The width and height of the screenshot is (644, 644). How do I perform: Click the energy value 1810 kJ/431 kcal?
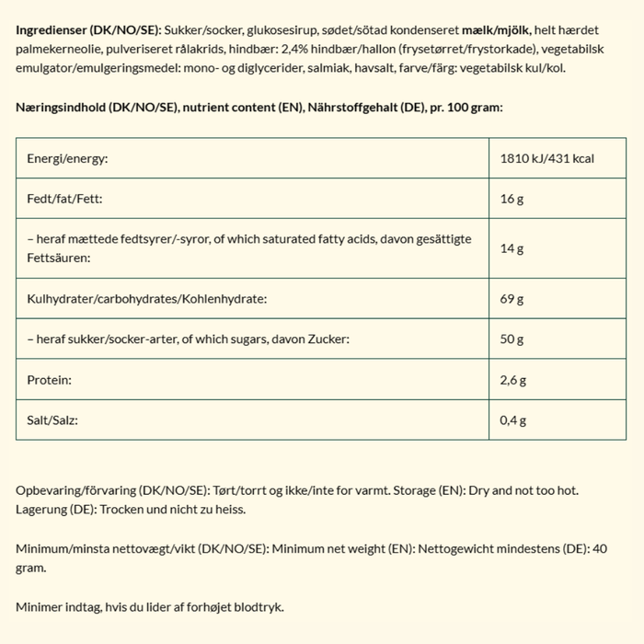547,159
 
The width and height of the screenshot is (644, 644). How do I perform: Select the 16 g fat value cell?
512,199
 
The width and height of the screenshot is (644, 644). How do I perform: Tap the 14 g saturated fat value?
512,248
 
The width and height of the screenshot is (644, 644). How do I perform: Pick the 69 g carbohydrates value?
513,299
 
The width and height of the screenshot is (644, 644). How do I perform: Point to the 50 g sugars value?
513,339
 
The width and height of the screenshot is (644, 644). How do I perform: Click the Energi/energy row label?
67,159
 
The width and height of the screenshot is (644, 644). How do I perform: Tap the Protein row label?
49,379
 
